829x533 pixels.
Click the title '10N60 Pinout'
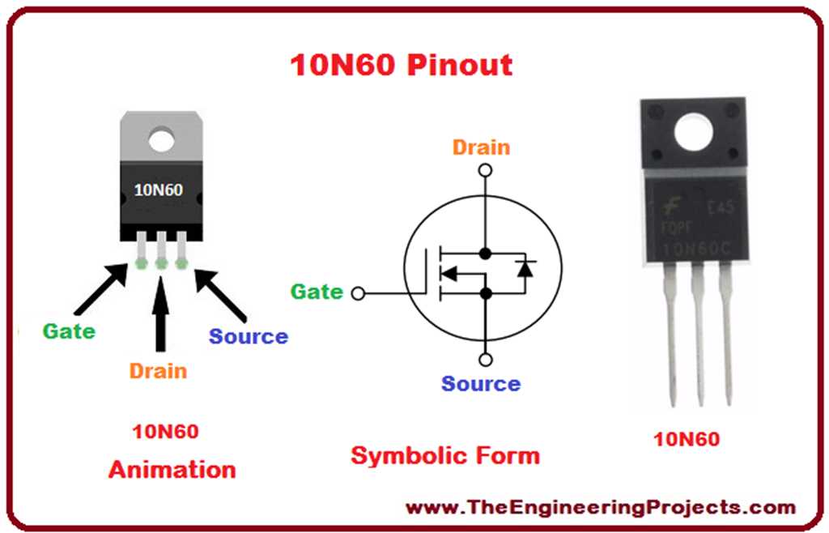pos(401,65)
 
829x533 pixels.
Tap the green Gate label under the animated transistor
pos(69,330)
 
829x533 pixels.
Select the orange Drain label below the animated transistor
pos(158,371)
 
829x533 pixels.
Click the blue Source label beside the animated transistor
pos(248,336)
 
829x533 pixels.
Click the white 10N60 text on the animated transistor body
pos(158,191)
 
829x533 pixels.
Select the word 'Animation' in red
pos(172,469)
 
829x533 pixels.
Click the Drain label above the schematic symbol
pos(481,147)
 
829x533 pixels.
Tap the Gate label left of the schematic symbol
pos(317,292)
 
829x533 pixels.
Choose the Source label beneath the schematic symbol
pos(481,383)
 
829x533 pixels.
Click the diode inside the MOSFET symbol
pos(525,268)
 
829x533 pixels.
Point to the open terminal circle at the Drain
pos(484,171)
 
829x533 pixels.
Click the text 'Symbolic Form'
pos(444,455)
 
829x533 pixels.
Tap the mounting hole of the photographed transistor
pos(697,132)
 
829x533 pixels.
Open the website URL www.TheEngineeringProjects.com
pos(600,508)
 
